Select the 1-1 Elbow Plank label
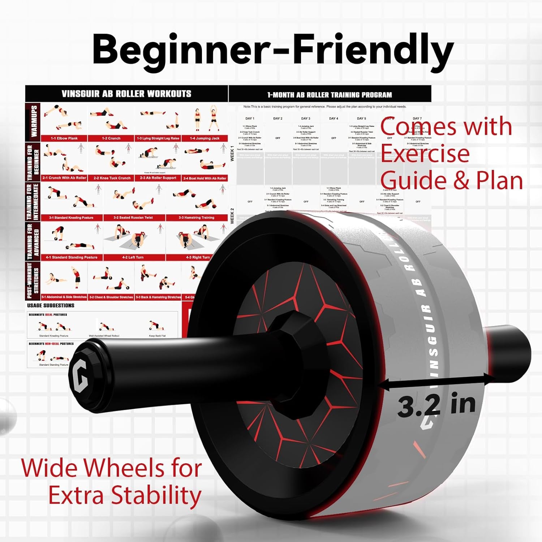(x=64, y=138)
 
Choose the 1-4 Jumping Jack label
(x=205, y=138)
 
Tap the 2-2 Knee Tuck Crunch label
(x=112, y=178)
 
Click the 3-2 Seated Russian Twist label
(x=133, y=218)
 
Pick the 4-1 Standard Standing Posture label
(x=72, y=257)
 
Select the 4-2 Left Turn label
(x=133, y=257)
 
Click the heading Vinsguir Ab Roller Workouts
(x=126, y=94)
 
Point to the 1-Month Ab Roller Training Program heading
(x=330, y=95)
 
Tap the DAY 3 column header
(x=306, y=119)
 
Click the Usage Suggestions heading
(x=51, y=305)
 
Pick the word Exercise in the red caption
(x=425, y=154)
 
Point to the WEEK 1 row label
(x=232, y=154)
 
